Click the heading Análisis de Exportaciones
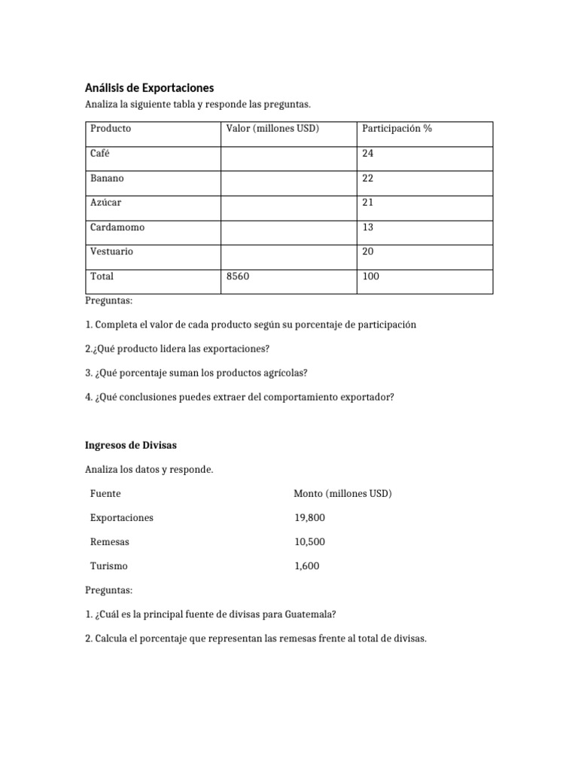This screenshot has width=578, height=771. click(149, 88)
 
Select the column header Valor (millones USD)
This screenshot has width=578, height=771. click(272, 129)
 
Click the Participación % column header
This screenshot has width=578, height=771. click(397, 129)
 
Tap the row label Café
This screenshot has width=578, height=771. click(100, 154)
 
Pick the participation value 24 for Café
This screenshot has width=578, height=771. click(368, 154)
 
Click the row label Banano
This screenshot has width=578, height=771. click(107, 178)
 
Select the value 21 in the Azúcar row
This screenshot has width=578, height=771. click(367, 203)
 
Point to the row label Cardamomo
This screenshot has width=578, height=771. click(117, 227)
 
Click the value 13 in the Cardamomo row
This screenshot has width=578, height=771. click(367, 227)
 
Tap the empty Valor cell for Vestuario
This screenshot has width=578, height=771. click(287, 251)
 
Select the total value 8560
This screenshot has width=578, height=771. click(237, 276)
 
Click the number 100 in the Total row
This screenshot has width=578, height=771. click(371, 276)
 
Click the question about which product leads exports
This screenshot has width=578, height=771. click(177, 349)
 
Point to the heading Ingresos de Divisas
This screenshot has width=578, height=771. click(131, 446)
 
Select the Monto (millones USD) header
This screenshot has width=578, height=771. click(342, 494)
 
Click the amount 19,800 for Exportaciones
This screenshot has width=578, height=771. click(310, 518)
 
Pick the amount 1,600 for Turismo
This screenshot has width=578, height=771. click(307, 566)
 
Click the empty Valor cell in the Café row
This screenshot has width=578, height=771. click(287, 154)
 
